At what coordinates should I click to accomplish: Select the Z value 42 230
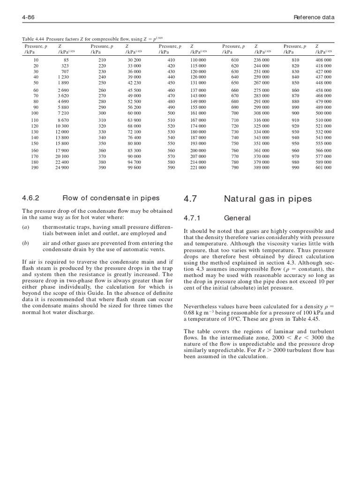[x=134, y=82]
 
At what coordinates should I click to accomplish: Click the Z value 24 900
[x=62, y=167]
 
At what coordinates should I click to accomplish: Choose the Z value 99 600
[x=134, y=167]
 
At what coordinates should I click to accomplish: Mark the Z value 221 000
[x=198, y=167]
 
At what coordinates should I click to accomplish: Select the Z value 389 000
[x=262, y=167]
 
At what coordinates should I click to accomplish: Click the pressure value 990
[x=295, y=167]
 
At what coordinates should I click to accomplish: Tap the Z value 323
[x=66, y=66]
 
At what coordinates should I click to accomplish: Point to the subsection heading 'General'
[x=237, y=218]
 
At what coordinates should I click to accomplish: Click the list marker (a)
[x=25, y=227]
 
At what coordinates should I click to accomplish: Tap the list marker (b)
[x=25, y=243]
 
